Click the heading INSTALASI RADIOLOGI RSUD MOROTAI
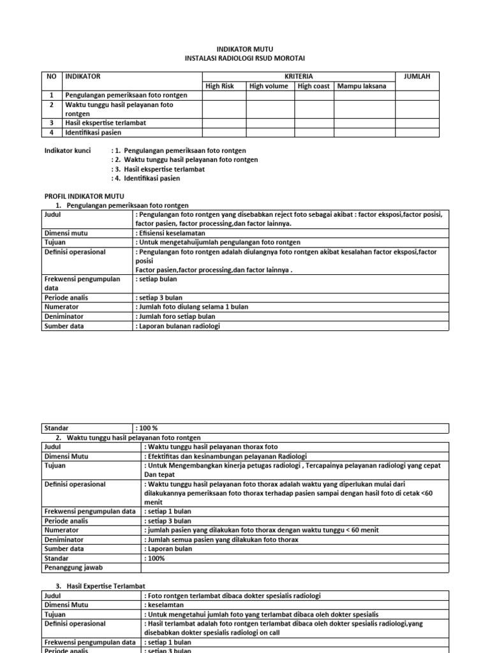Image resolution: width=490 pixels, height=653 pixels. click(x=244, y=59)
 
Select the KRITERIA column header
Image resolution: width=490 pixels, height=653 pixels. click(x=299, y=77)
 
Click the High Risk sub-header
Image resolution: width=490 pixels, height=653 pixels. click(x=219, y=86)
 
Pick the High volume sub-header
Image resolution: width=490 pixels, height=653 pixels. click(x=269, y=86)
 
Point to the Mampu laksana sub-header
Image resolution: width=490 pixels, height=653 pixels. click(x=362, y=86)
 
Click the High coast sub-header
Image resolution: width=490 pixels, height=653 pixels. click(x=313, y=86)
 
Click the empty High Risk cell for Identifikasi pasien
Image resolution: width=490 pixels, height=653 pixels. click(x=224, y=133)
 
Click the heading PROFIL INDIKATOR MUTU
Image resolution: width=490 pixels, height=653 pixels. click(x=84, y=196)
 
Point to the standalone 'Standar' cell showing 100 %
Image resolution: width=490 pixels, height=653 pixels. click(x=87, y=429)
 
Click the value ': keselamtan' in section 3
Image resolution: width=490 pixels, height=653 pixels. click(x=167, y=605)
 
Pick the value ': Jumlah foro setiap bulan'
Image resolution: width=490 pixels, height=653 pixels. click(x=175, y=316)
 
